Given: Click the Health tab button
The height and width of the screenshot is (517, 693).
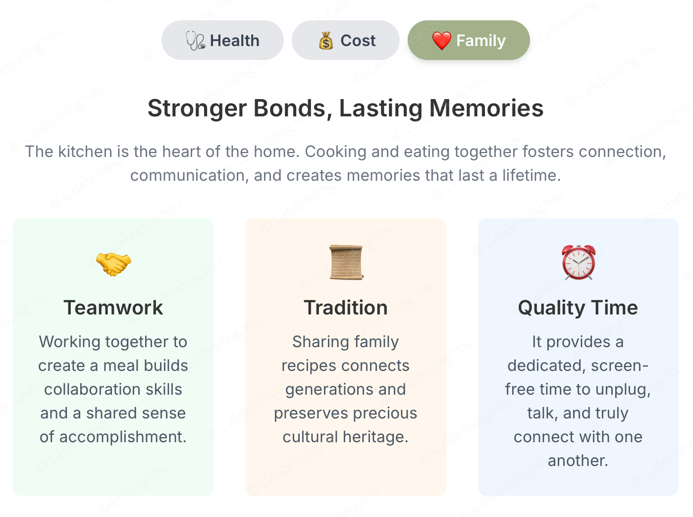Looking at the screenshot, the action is [x=222, y=40].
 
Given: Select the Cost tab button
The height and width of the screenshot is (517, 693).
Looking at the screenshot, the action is [x=346, y=40].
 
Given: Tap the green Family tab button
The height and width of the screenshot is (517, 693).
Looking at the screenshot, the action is [x=469, y=40].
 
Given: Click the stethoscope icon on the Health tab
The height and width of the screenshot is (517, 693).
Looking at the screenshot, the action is [x=196, y=41].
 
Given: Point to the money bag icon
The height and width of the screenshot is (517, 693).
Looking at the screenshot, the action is [x=326, y=41].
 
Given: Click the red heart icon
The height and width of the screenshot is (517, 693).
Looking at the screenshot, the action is [x=442, y=41].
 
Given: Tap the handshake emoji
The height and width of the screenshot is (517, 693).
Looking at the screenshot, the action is [x=113, y=264].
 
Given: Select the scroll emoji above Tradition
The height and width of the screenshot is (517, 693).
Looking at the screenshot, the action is [x=346, y=262].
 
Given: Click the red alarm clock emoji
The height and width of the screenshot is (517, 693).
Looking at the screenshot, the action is [x=579, y=262].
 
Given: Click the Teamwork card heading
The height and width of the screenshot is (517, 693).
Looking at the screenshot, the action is [x=113, y=308].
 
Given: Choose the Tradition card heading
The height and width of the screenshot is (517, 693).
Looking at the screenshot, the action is [x=346, y=308].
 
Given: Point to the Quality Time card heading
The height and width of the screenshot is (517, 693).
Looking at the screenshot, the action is [x=578, y=308].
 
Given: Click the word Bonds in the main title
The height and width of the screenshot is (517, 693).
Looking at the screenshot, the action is [x=289, y=108].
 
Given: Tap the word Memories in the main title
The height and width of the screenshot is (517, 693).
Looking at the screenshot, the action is [x=486, y=108].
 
